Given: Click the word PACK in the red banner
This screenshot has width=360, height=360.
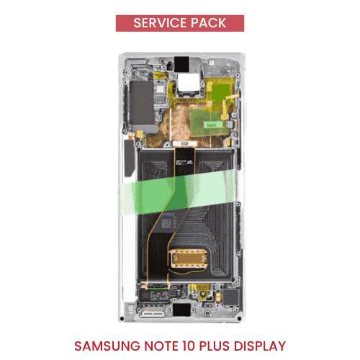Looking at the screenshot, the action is [x=209, y=23].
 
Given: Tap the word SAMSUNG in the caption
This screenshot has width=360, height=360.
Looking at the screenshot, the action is [x=107, y=346].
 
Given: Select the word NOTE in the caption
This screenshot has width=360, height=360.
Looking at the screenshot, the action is [x=161, y=346].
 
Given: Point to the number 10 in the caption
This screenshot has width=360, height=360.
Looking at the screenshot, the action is [x=189, y=346].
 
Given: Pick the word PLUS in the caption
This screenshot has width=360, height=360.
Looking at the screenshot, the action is [x=215, y=346].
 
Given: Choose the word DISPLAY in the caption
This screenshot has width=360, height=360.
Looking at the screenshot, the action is [x=260, y=346].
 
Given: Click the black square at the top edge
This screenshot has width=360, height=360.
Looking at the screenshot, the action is [x=181, y=64].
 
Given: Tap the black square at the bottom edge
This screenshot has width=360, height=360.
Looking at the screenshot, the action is [x=181, y=310].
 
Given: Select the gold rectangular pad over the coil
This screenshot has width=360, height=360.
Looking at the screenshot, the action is [x=189, y=258].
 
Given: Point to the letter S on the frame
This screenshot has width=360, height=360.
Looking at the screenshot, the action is [x=130, y=309].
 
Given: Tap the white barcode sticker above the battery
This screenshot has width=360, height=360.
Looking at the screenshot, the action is [x=184, y=144].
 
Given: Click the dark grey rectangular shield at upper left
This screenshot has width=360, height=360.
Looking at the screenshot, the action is [x=142, y=102].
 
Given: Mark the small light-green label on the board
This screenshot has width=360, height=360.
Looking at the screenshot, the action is [x=213, y=125].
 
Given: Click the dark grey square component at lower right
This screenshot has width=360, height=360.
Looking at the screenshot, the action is [x=231, y=297].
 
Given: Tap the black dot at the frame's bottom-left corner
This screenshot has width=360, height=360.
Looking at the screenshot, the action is [x=122, y=319].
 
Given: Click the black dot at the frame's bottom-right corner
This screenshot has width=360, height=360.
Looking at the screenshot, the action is [x=239, y=319].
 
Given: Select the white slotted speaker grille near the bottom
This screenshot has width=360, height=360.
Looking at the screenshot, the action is [x=152, y=314].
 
